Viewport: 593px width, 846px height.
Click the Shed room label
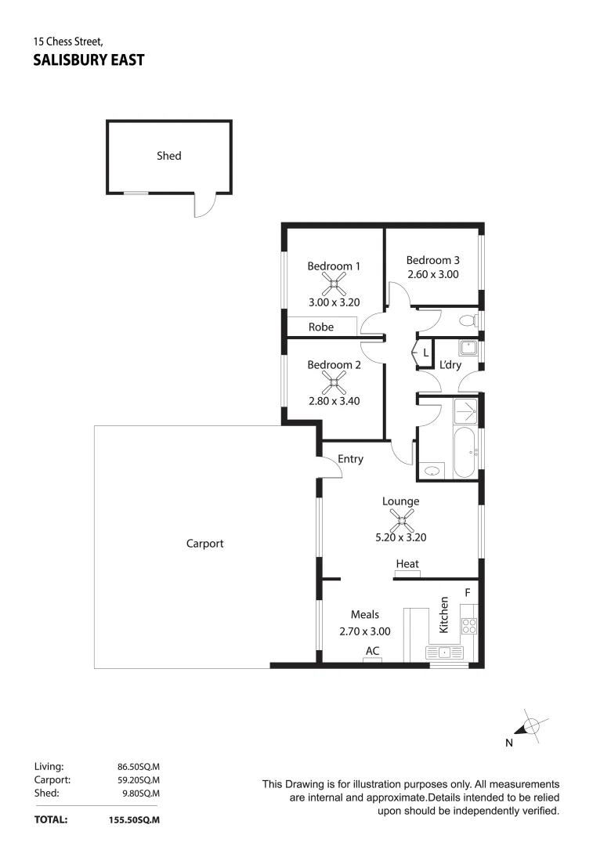pyautogui.click(x=168, y=156)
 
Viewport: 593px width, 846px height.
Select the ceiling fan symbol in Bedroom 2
pyautogui.click(x=334, y=383)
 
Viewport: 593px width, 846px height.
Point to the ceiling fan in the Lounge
pyautogui.click(x=401, y=519)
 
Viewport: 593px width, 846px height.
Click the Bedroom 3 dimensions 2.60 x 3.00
pyautogui.click(x=432, y=275)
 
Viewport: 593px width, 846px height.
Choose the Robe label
pyautogui.click(x=320, y=327)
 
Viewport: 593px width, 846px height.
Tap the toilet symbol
pyautogui.click(x=468, y=320)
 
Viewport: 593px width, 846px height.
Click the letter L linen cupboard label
pyautogui.click(x=425, y=353)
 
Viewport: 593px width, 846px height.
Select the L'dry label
pyautogui.click(x=450, y=365)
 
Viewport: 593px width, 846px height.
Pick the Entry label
pyautogui.click(x=350, y=459)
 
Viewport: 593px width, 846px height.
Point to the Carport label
pyautogui.click(x=205, y=543)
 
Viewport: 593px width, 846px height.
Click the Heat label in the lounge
pyautogui.click(x=407, y=564)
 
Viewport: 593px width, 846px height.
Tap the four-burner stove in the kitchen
pyautogui.click(x=468, y=625)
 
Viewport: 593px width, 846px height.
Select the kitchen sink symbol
pyautogui.click(x=443, y=652)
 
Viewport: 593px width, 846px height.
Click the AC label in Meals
pyautogui.click(x=373, y=651)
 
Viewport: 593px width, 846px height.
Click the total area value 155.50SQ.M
pyautogui.click(x=135, y=820)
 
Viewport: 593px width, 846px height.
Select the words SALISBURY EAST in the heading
pyautogui.click(x=89, y=60)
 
